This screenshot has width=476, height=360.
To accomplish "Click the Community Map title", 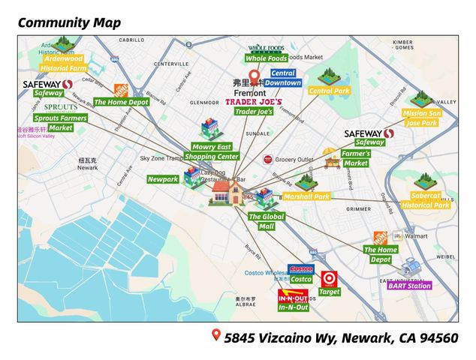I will [69, 22].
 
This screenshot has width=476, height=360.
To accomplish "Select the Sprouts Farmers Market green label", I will [60, 123].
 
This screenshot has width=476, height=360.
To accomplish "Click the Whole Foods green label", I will [267, 58].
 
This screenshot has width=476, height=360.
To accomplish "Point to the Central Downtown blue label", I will [282, 78].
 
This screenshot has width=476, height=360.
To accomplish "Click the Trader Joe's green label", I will [254, 111].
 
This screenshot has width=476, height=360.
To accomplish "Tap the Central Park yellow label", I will [330, 91].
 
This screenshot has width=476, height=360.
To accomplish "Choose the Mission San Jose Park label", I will [420, 118].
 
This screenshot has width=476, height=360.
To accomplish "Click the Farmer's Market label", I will [356, 158].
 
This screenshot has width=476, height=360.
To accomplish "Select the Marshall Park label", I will [306, 196].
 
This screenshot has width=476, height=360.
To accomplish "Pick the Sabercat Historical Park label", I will [425, 200].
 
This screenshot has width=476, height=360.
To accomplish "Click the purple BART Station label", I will [409, 285].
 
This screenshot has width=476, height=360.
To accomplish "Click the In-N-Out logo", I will [293, 295].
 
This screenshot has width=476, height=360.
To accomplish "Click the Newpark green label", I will [162, 179].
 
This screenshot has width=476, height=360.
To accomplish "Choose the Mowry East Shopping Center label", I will [214, 151].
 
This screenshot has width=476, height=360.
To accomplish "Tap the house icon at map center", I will [222, 192].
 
